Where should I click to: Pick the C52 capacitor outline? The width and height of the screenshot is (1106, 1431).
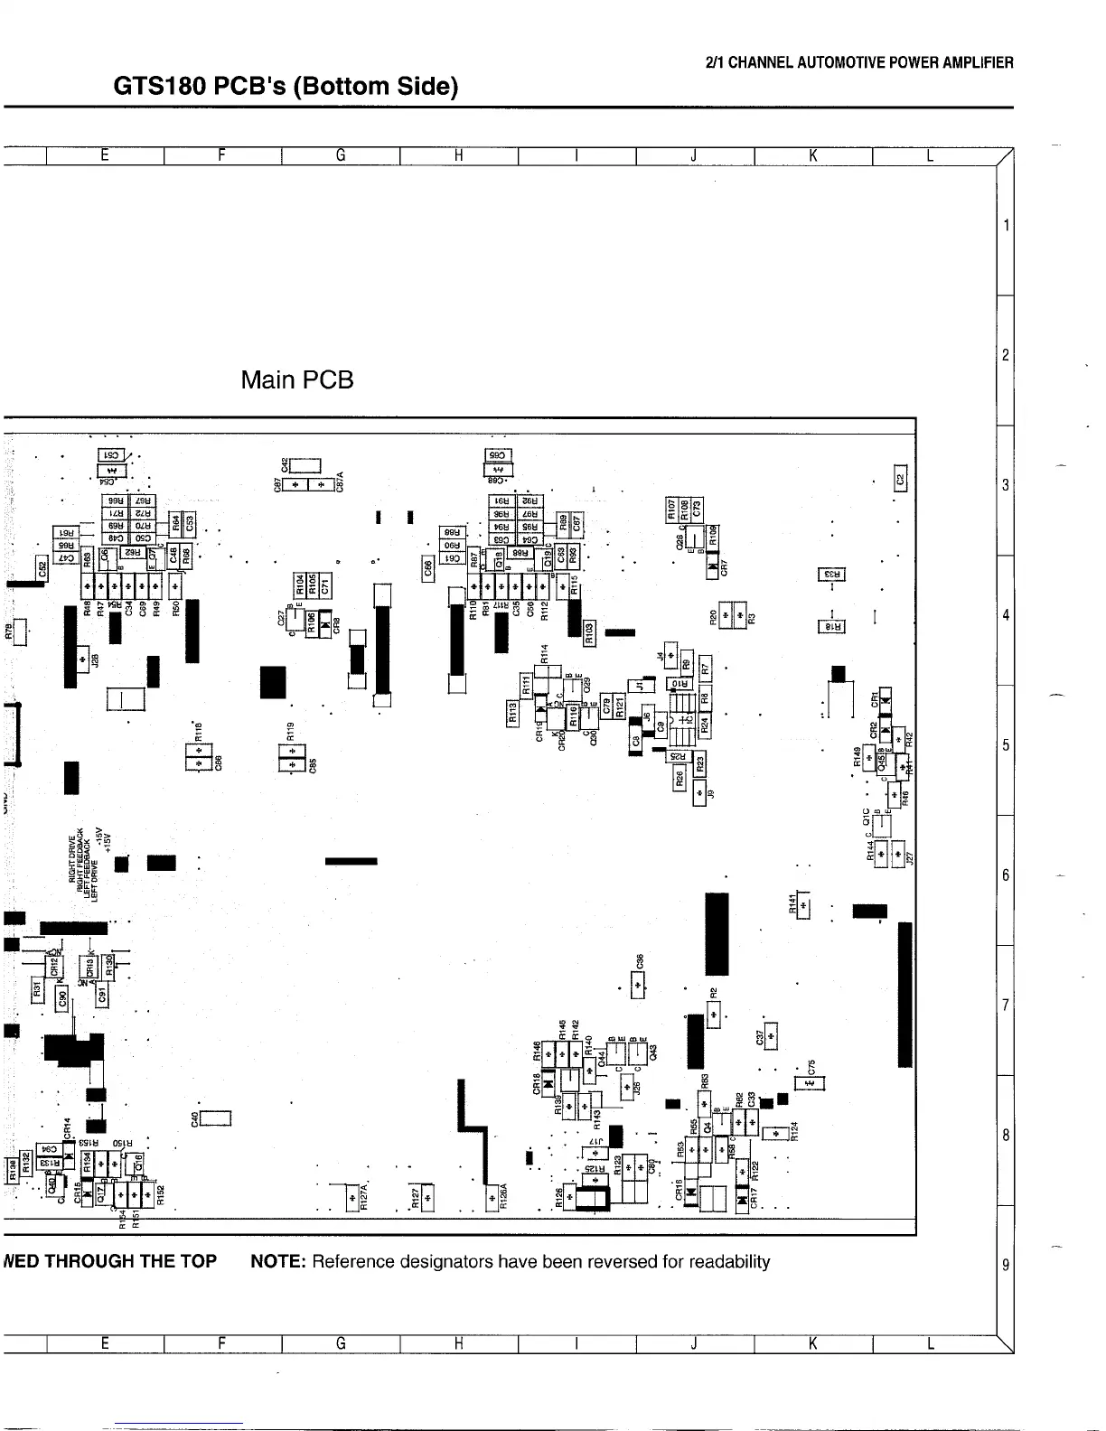[42, 569]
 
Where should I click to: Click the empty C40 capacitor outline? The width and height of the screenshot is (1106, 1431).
[218, 1119]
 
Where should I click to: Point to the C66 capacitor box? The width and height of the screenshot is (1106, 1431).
[428, 569]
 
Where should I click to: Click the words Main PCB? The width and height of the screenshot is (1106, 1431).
[297, 379]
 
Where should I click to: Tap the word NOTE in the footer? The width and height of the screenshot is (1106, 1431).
[277, 1261]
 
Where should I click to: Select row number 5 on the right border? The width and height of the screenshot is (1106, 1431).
[1005, 745]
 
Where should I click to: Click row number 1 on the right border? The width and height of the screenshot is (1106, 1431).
[1005, 224]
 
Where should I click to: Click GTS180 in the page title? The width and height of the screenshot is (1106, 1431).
[163, 87]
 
